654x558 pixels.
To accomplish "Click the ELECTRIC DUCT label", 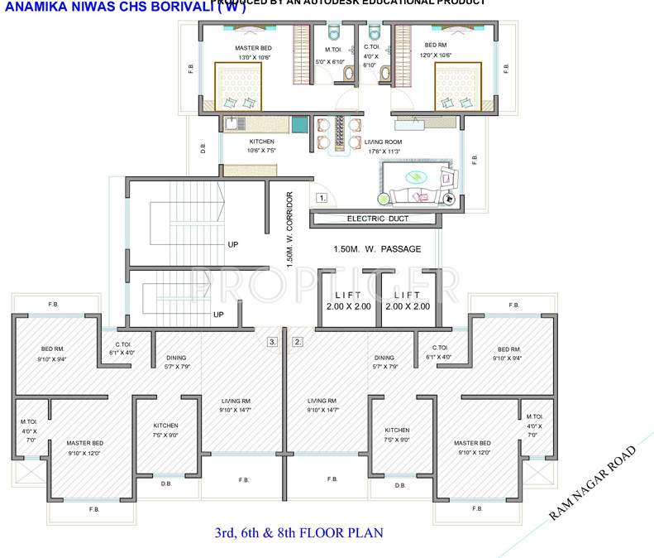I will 372,219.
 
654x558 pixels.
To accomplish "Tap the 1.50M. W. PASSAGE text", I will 377,248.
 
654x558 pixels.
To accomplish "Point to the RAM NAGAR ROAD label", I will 593,483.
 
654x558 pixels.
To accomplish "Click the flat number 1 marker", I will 322,198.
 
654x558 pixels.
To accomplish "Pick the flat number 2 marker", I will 298,341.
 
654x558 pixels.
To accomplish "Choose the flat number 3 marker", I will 272,341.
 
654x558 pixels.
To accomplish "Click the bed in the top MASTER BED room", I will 240,87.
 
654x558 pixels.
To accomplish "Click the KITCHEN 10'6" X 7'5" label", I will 261,146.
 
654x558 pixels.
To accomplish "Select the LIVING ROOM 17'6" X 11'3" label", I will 382,147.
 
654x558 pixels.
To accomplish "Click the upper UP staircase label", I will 232,244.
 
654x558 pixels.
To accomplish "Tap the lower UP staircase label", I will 218,315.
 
